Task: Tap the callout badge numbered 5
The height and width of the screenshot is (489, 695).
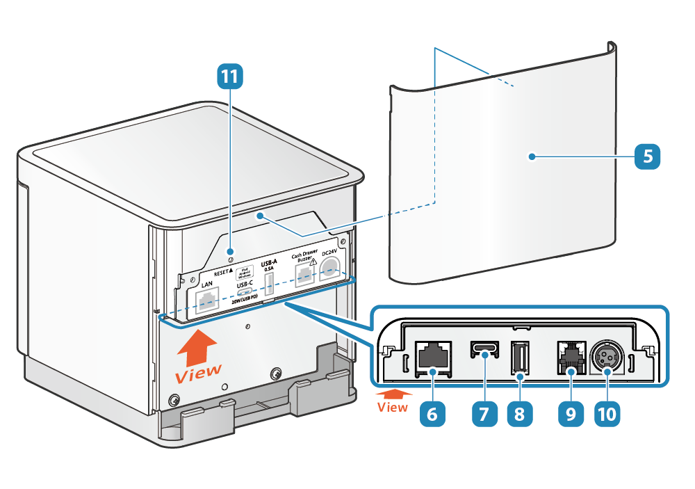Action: (647, 156)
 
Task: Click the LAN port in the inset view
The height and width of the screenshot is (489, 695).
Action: (432, 355)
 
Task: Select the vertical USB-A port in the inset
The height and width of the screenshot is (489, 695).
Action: (519, 358)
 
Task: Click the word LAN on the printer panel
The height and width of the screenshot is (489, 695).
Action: (207, 284)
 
